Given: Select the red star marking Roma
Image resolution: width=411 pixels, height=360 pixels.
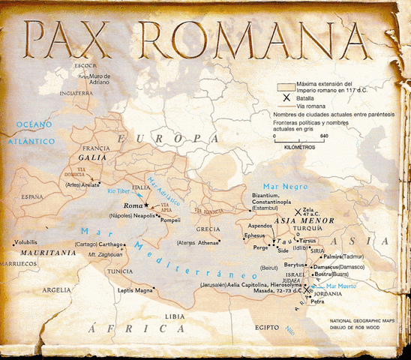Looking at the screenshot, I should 147,204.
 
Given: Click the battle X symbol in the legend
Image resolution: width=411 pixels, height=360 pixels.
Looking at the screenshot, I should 283,97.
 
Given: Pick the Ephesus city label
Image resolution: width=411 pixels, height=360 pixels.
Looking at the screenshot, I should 255,235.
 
